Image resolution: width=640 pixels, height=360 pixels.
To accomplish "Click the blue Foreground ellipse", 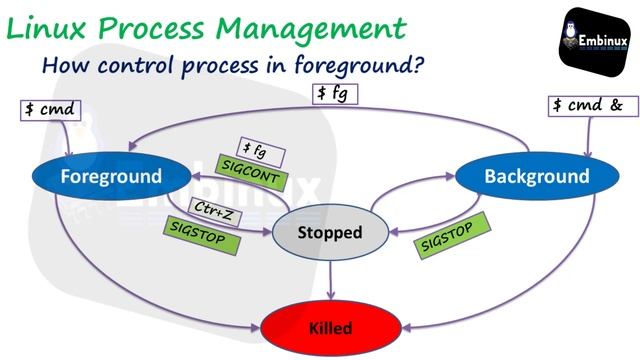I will point(111,177).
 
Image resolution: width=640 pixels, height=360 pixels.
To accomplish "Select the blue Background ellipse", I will point(536,177).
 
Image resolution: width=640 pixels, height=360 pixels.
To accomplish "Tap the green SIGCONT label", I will point(252,175).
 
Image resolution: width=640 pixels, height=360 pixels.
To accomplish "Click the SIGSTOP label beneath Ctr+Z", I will point(201,235).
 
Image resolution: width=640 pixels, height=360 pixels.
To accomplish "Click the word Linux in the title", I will point(51,27).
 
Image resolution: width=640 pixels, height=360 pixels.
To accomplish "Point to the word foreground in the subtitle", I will point(343,66).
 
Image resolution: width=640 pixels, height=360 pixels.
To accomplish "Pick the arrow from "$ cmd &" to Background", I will point(586,135).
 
